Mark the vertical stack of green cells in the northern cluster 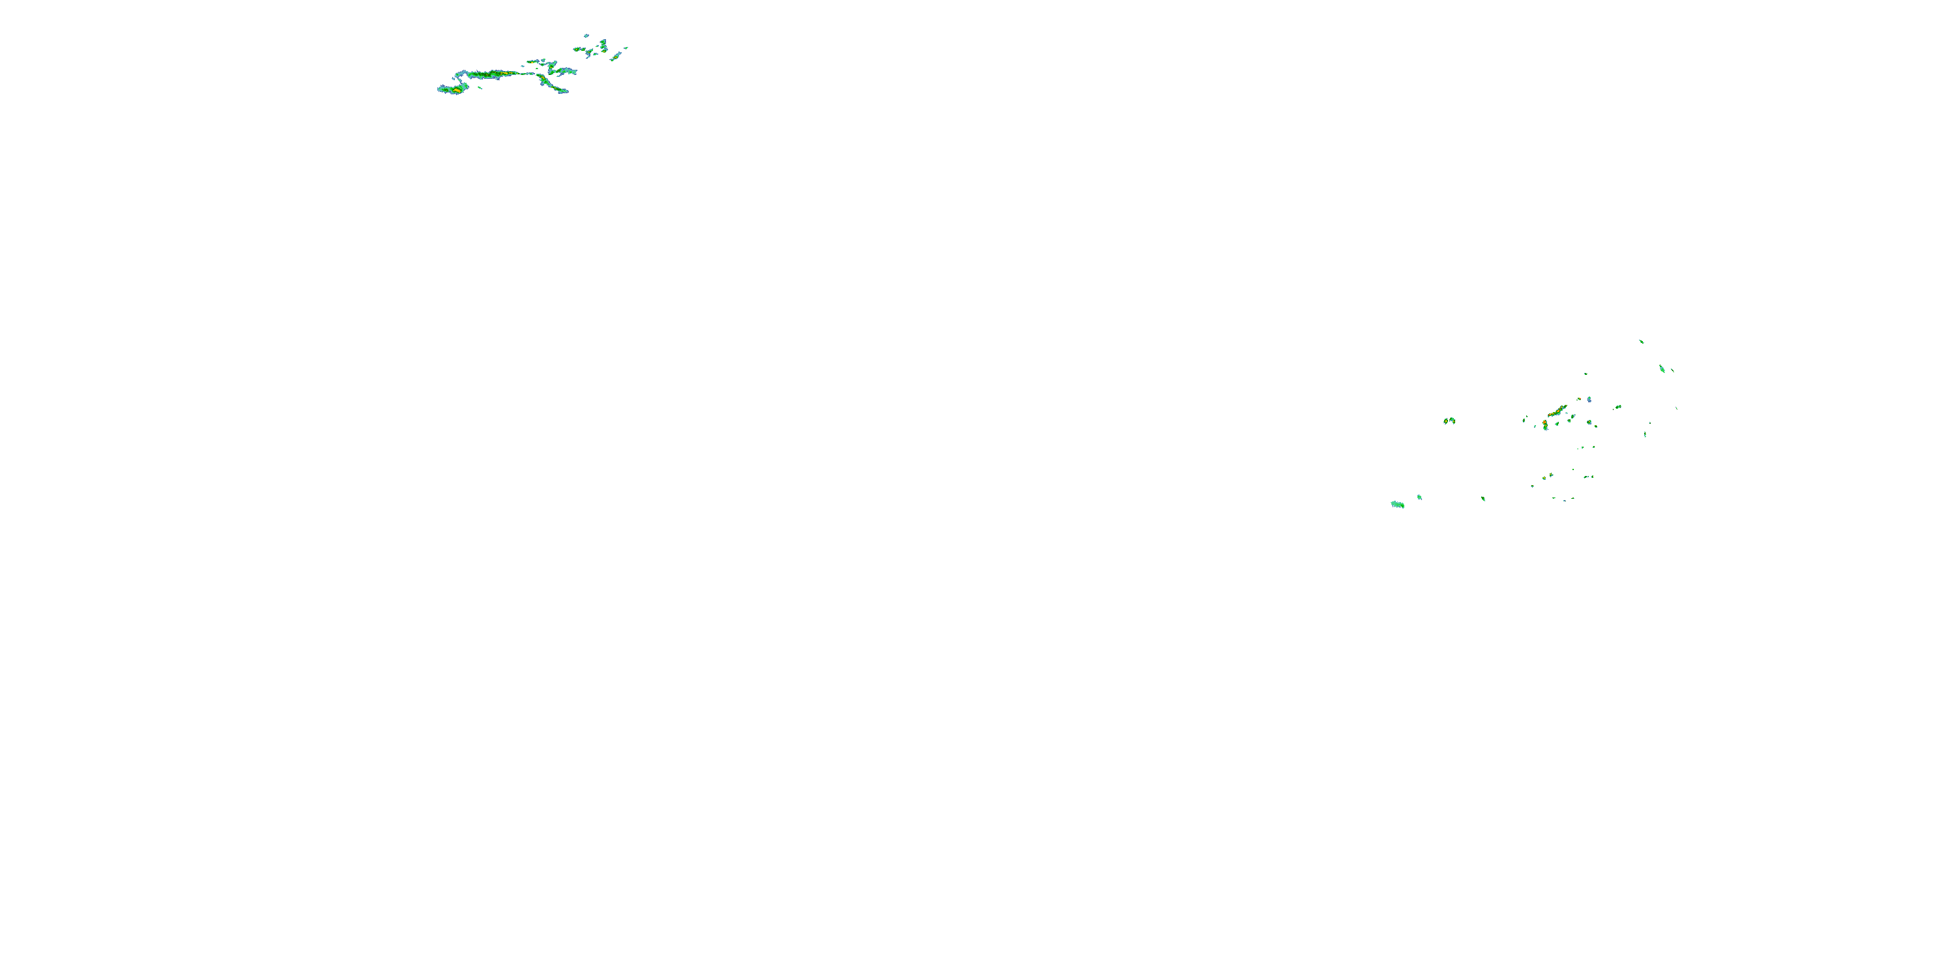[603, 46]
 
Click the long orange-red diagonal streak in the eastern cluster [1557, 411]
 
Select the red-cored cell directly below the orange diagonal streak [1545, 424]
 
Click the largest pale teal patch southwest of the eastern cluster [1397, 504]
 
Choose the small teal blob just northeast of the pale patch [1419, 497]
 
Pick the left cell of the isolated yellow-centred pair [1446, 421]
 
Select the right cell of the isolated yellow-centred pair [1453, 420]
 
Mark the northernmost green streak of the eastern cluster [1641, 341]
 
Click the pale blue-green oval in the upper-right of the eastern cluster [1662, 369]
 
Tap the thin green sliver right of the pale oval [1673, 370]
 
